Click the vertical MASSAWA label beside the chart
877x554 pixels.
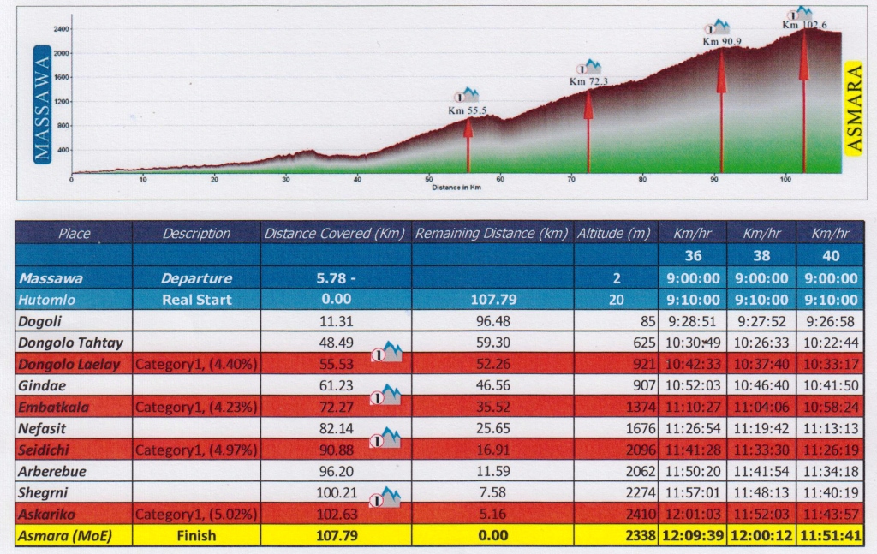[x=42, y=104]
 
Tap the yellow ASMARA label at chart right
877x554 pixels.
[x=853, y=107]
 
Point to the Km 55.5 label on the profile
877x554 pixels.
[x=467, y=110]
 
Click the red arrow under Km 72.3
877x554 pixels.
[x=588, y=128]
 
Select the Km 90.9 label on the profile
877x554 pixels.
[x=722, y=41]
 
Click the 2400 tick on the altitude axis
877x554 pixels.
[x=61, y=29]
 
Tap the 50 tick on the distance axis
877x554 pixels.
[x=428, y=180]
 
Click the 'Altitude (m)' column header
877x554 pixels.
[x=614, y=234]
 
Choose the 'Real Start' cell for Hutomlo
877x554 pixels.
[x=196, y=301]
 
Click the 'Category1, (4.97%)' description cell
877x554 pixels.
[x=196, y=450]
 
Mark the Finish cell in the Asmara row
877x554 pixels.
[x=196, y=536]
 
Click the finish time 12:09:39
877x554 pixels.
[x=692, y=536]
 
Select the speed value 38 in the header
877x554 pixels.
[x=761, y=256]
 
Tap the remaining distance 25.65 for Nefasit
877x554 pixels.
[x=492, y=429]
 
